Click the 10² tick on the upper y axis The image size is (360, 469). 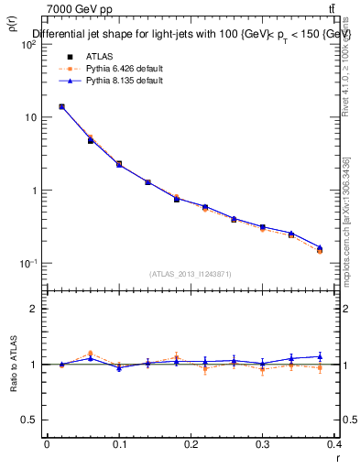[x=29, y=45]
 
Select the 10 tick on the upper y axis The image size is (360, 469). [x=31, y=118]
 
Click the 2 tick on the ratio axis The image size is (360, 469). [x=34, y=309]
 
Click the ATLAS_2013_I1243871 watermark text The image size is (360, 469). [x=191, y=274]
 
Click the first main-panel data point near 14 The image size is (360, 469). [x=61, y=106]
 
